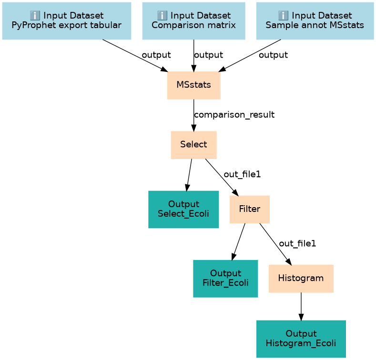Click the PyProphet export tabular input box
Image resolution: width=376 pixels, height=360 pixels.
67,21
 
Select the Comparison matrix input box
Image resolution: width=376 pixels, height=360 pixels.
194,21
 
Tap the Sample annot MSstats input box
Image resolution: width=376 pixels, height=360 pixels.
315,21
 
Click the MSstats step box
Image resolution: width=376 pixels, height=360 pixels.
194,85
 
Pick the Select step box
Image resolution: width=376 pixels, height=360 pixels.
194,145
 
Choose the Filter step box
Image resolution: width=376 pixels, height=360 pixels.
250,210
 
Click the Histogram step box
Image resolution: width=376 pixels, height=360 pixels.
301,279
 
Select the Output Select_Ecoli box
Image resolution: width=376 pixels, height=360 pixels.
183,210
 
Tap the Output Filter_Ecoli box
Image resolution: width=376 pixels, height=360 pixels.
225,279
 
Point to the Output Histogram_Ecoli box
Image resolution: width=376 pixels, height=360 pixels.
301,339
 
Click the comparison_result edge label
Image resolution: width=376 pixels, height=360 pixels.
234,115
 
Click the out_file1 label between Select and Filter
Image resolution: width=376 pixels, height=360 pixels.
242,174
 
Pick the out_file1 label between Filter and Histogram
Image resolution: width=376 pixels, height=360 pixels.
297,243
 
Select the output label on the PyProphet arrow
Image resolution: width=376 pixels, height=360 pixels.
156,55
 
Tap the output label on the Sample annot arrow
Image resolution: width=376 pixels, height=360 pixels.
274,55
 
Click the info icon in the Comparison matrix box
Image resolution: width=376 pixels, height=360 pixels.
162,16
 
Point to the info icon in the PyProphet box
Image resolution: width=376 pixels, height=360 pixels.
35,16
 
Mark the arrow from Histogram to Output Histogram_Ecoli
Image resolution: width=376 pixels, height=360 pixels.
301,307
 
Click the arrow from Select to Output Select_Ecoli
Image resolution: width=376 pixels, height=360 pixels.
189,175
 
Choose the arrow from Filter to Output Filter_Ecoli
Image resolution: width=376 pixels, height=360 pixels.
238,242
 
